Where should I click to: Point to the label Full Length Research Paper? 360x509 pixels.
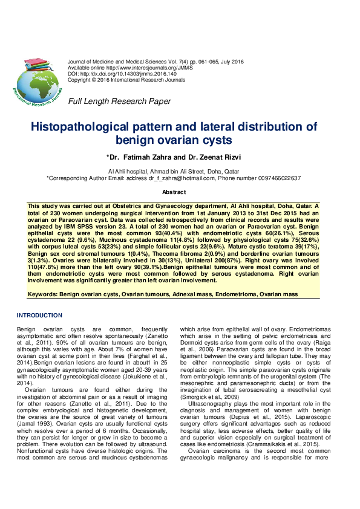pos(119,101)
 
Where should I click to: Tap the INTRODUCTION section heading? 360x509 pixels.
pos(39,316)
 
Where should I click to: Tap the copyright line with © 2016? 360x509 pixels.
pos(117,80)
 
